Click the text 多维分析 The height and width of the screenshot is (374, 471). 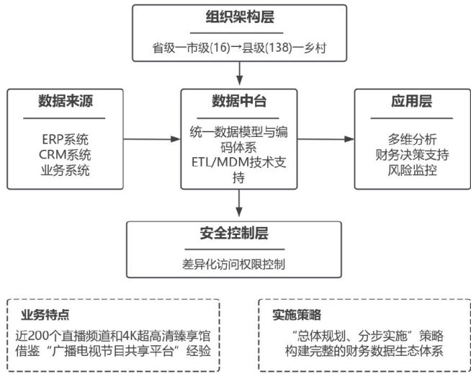pyautogui.click(x=407, y=140)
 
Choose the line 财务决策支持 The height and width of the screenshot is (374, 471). pyautogui.click(x=407, y=155)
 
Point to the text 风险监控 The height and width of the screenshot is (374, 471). pyautogui.click(x=407, y=170)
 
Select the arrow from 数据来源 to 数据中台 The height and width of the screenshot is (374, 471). pyautogui.click(x=154, y=138)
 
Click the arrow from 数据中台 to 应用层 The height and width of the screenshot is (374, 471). pyautogui.click(x=326, y=138)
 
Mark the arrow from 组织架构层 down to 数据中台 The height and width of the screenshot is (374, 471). pyautogui.click(x=239, y=75)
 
